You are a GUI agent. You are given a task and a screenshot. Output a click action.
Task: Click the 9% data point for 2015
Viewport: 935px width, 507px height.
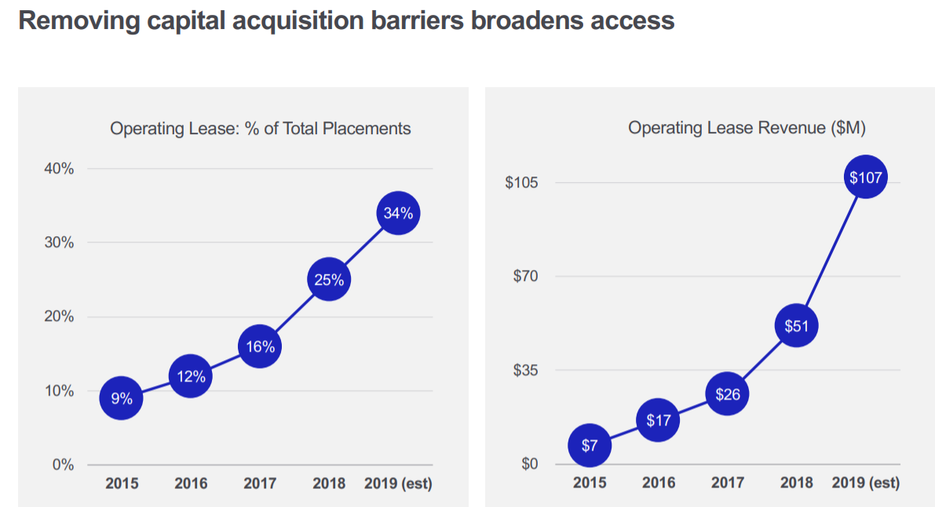pyautogui.click(x=121, y=399)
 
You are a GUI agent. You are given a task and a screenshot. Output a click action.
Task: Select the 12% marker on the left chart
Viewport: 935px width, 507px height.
pyautogui.click(x=190, y=377)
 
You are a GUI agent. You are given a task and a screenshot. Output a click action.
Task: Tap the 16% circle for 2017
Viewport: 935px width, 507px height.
pyautogui.click(x=259, y=347)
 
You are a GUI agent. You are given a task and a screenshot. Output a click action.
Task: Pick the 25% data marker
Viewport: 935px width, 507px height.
pyautogui.click(x=328, y=280)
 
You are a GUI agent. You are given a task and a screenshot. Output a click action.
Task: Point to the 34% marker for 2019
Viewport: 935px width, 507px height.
pyautogui.click(x=398, y=213)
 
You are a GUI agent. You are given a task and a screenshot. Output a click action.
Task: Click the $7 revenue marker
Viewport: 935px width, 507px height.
pyautogui.click(x=590, y=446)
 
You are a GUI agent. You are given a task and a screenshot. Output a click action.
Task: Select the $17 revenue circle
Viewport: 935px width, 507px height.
pyautogui.click(x=658, y=421)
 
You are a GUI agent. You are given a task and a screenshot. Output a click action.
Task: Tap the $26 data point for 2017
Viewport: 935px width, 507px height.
pyautogui.click(x=727, y=394)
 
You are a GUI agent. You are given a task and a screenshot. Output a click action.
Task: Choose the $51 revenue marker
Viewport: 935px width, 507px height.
pyautogui.click(x=796, y=326)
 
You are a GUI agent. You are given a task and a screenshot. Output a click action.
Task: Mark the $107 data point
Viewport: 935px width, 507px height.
pyautogui.click(x=866, y=178)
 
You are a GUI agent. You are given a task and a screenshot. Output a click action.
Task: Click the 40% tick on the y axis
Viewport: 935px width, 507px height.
pyautogui.click(x=58, y=169)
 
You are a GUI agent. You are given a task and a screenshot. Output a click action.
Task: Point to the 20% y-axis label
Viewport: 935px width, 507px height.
pyautogui.click(x=58, y=317)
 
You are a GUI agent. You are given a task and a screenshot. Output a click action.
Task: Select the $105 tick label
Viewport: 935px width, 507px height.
pyautogui.click(x=521, y=183)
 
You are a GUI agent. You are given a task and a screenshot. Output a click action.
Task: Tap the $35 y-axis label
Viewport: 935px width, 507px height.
pyautogui.click(x=525, y=370)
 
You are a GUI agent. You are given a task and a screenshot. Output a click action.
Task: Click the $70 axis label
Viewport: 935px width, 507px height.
pyautogui.click(x=525, y=276)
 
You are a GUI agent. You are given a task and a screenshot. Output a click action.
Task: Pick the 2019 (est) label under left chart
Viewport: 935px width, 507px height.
pyautogui.click(x=398, y=483)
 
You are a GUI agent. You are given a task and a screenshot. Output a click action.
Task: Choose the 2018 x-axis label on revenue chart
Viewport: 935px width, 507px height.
pyautogui.click(x=796, y=483)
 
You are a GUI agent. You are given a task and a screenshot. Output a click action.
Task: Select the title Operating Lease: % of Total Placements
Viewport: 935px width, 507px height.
pyautogui.click(x=260, y=128)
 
